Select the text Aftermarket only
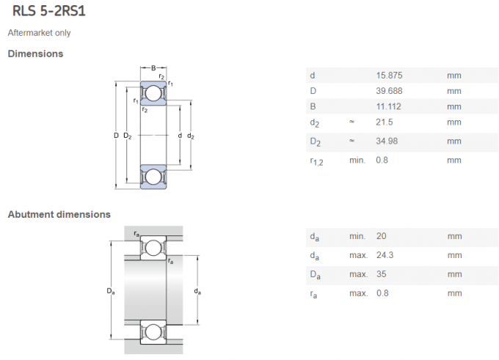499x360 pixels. (39, 33)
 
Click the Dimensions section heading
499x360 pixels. (35, 54)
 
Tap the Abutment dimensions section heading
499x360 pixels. (59, 214)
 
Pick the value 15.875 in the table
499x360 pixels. (389, 76)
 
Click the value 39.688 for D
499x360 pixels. (389, 91)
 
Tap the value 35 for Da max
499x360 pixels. (380, 274)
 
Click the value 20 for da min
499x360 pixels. (380, 236)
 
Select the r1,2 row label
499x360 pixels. (316, 161)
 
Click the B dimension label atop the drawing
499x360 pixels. (153, 69)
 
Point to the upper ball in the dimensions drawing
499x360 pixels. (153, 94)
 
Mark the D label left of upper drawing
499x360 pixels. (116, 136)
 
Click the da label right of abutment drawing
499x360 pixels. (198, 292)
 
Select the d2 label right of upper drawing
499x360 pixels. (191, 136)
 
